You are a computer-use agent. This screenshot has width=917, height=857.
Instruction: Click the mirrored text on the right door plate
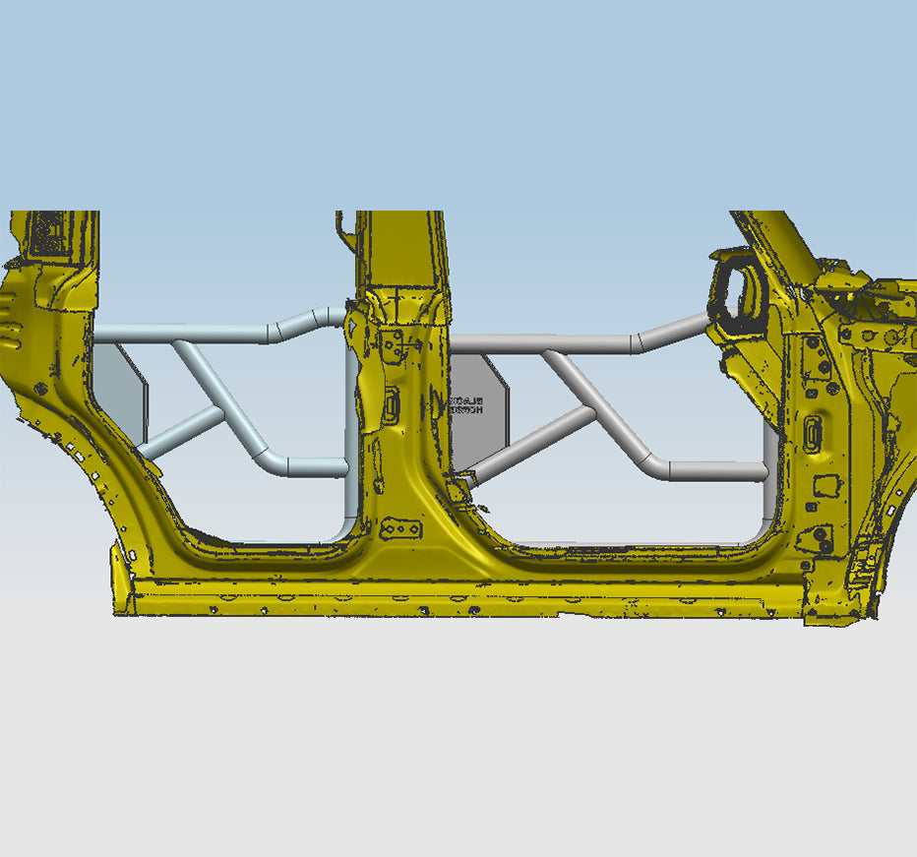coord(464,405)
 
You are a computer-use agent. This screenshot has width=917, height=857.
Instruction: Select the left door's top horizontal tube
coord(187,334)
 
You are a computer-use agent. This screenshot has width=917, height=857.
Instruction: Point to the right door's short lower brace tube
coord(531,442)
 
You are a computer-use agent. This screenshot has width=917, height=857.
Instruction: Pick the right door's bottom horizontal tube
coord(718,470)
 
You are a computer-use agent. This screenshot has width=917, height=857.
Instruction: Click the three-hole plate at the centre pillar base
coord(400,529)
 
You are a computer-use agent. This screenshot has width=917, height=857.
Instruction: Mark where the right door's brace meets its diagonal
coord(592,412)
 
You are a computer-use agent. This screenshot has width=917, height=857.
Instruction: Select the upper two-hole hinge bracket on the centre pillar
coord(394,344)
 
